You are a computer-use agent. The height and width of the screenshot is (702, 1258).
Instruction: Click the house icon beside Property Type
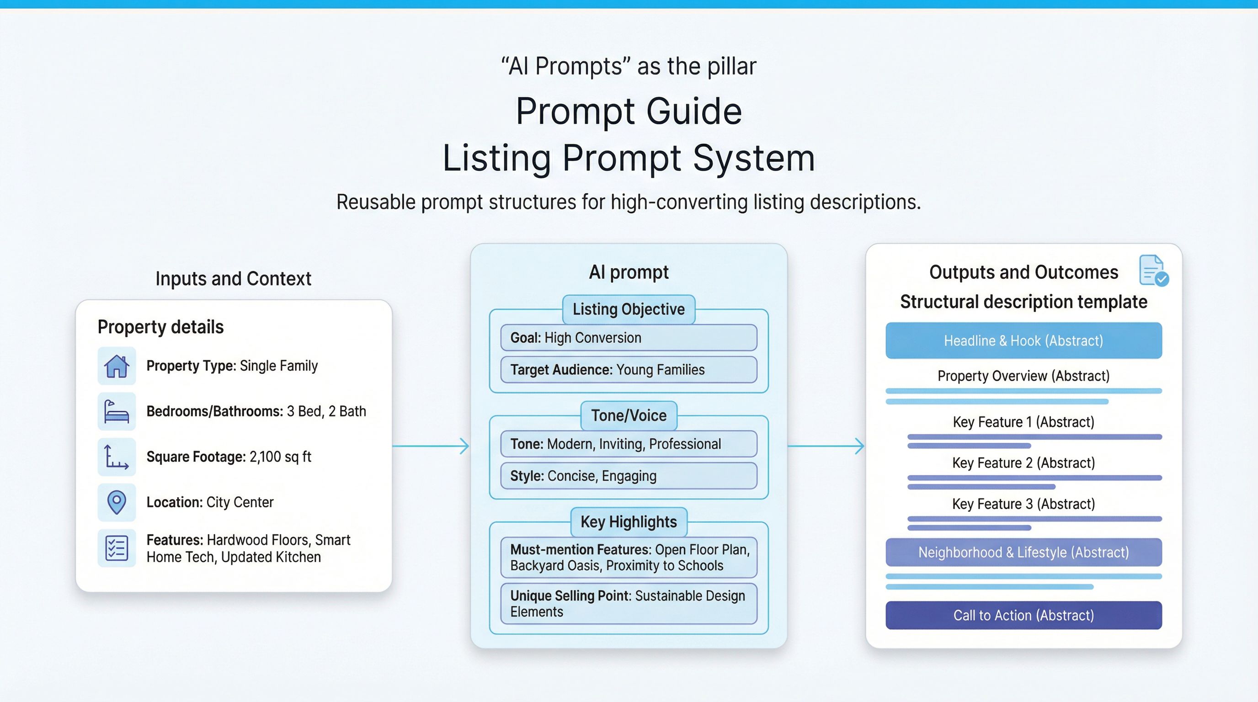point(116,366)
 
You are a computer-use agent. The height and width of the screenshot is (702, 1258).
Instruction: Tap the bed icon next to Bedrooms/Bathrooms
point(116,411)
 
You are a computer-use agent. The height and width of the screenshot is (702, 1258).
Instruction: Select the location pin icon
point(116,502)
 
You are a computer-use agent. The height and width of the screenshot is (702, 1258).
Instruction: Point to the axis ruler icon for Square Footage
point(116,457)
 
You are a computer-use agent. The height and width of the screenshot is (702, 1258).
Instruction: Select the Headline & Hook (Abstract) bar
point(1023,340)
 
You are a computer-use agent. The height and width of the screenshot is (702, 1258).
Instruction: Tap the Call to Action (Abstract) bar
point(1023,615)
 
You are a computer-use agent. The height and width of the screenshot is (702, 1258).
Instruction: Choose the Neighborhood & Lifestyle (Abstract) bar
point(1023,552)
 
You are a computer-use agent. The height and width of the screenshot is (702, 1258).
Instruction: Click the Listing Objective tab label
point(629,309)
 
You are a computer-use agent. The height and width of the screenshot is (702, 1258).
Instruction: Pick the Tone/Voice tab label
point(629,415)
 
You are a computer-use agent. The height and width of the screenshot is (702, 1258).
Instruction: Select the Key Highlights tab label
point(629,522)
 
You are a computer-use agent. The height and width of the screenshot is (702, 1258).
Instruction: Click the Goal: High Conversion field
point(629,337)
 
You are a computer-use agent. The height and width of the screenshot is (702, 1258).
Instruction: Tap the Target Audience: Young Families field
point(629,370)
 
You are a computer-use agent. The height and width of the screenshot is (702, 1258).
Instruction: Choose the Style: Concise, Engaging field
point(629,475)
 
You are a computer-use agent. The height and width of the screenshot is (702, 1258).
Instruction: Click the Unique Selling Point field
point(629,603)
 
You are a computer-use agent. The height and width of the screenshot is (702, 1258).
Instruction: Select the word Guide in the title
point(694,112)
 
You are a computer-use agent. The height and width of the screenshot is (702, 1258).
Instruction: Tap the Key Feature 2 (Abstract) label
point(1023,463)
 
